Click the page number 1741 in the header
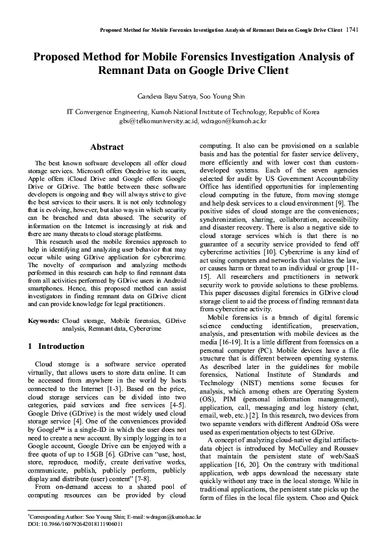[x=353, y=29]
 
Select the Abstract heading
[x=106, y=147]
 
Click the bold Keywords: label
[x=43, y=321]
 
